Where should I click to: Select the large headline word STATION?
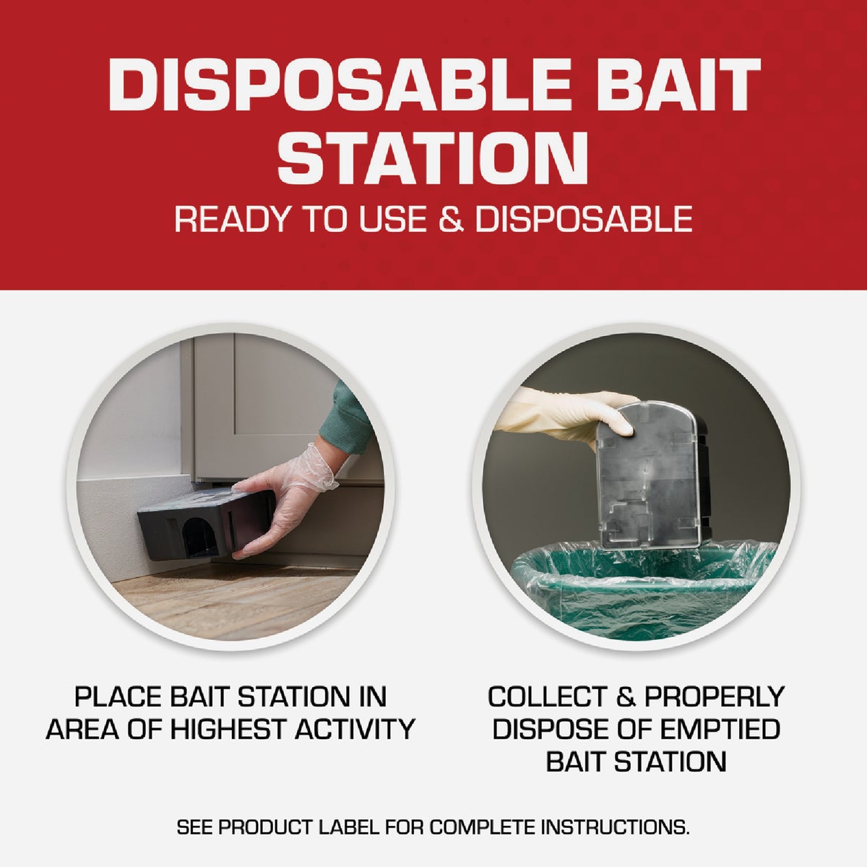pyautogui.click(x=432, y=158)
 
